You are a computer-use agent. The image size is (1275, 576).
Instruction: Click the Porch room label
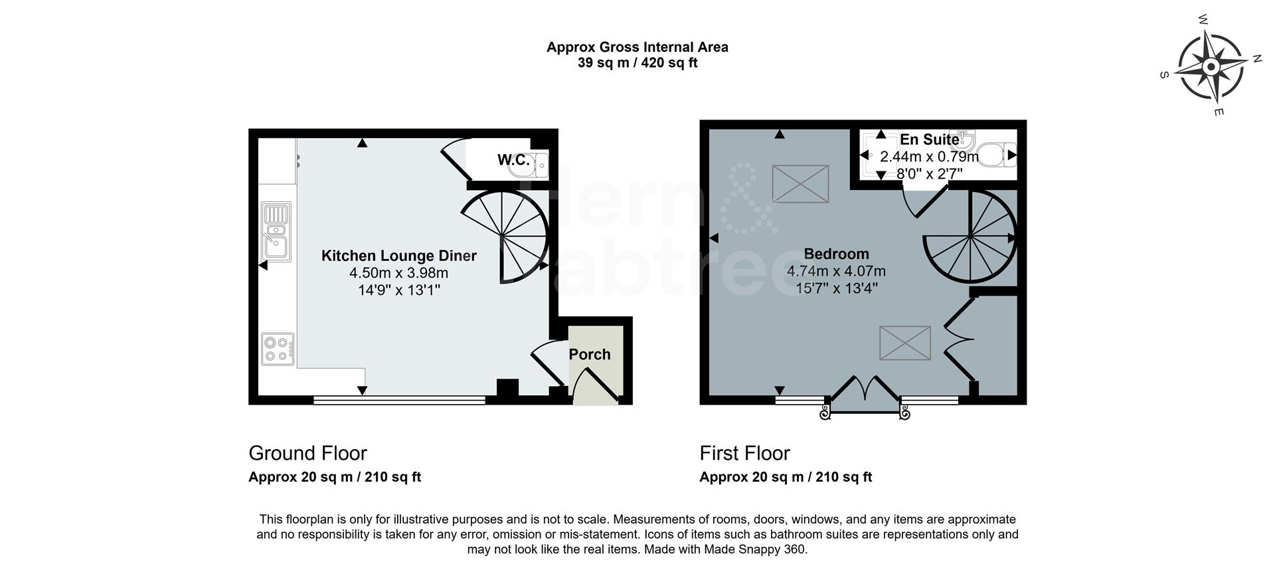coord(589,354)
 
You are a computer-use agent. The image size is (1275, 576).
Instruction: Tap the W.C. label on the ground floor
coord(513,160)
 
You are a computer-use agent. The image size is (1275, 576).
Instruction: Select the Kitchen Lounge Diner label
coord(398,256)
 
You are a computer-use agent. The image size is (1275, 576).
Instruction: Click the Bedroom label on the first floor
coord(836,254)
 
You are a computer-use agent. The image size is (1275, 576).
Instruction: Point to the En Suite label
coord(929,140)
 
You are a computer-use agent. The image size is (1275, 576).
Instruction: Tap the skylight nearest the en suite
coord(800,183)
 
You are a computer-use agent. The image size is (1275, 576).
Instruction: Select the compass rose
coord(1211,67)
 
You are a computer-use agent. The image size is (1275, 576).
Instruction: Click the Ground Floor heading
coord(307,453)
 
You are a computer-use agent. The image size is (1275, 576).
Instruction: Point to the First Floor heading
coord(744,453)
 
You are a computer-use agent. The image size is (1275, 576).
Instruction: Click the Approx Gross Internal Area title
coord(637,47)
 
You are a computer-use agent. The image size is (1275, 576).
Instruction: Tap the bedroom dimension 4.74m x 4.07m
coord(836,271)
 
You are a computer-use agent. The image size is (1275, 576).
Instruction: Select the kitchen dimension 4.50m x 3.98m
coord(398,273)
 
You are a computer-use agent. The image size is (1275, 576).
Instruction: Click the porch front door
coord(596,389)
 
